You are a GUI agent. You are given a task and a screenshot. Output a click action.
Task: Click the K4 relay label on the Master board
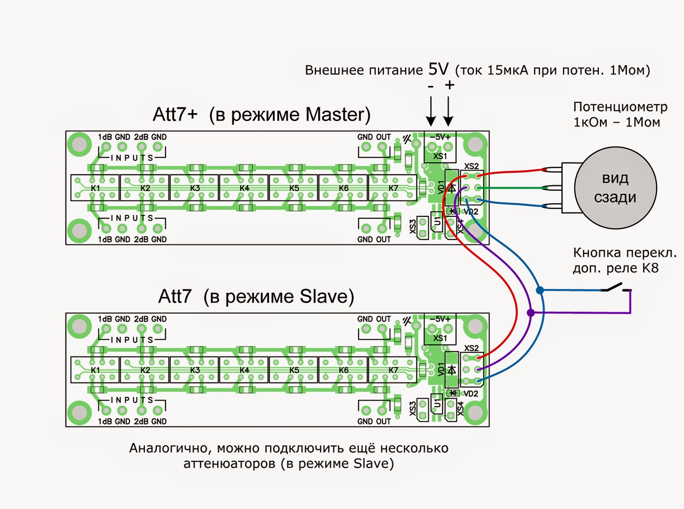(244, 188)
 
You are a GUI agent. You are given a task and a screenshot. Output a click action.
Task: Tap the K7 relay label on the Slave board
(393, 370)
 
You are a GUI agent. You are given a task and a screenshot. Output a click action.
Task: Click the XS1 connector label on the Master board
(440, 156)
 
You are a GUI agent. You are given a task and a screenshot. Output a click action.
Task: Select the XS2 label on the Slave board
(472, 348)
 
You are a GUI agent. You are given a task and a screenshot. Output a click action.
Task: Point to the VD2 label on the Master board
(471, 212)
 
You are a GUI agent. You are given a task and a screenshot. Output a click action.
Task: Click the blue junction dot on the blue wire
(540, 290)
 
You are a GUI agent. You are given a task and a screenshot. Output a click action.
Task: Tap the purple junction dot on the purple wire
(531, 313)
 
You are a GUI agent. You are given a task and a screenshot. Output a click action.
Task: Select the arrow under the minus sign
(430, 111)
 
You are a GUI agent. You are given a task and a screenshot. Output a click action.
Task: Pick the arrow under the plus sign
(448, 111)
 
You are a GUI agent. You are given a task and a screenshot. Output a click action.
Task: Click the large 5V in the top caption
(438, 69)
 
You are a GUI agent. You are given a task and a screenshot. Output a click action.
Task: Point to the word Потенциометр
(620, 107)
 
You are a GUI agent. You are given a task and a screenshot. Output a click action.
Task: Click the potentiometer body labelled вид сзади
(616, 188)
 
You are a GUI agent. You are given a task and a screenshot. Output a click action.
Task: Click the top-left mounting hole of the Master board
(79, 144)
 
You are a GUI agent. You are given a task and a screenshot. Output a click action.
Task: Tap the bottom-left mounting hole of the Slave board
(79, 413)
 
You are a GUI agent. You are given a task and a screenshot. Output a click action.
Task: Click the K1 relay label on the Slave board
(95, 370)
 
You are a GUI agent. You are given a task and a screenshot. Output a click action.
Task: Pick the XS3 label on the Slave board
(413, 409)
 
